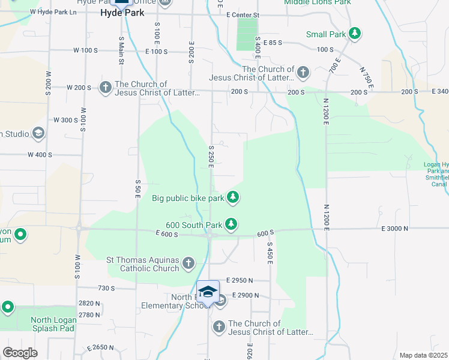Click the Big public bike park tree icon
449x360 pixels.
pyautogui.click(x=233, y=197)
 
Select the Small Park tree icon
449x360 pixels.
pyautogui.click(x=355, y=34)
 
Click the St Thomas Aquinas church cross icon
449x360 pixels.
pyautogui.click(x=188, y=263)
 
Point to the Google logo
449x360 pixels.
pyautogui.click(x=20, y=352)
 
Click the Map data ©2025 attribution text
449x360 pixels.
pyautogui.click(x=424, y=355)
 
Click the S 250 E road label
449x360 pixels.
pyautogui.click(x=212, y=157)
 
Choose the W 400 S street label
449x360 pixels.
pyautogui.click(x=40, y=154)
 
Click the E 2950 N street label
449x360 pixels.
pyautogui.click(x=240, y=280)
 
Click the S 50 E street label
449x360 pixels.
pyautogui.click(x=138, y=189)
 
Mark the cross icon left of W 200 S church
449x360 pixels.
pyautogui.click(x=105, y=88)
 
